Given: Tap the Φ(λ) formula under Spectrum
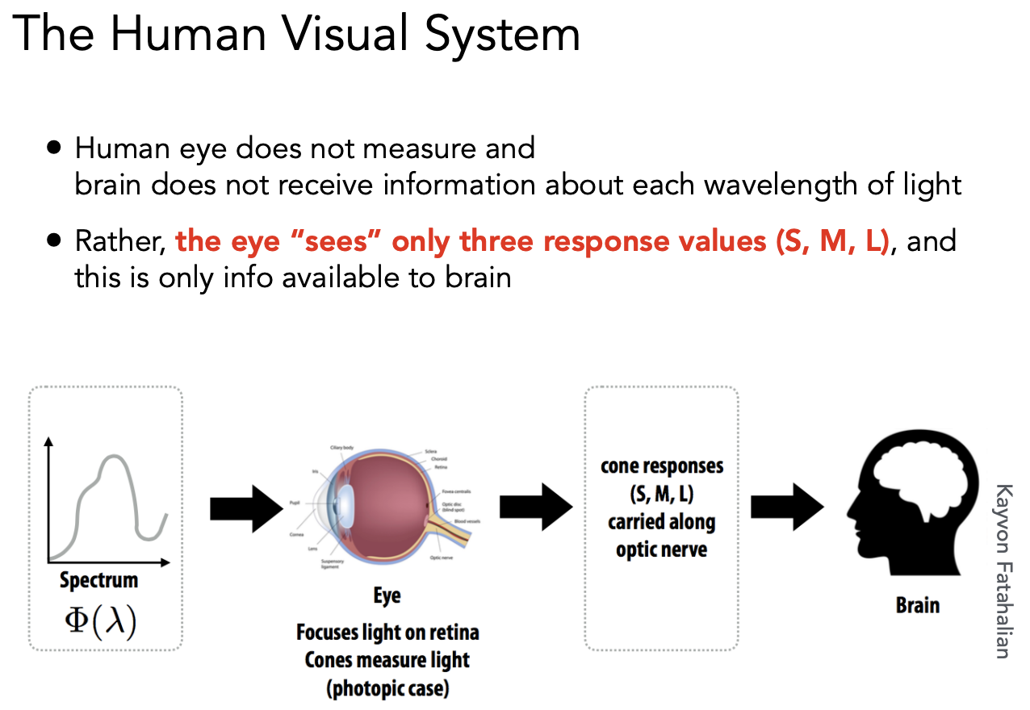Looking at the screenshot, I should coord(100,622).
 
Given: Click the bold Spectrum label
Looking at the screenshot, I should coord(99,580).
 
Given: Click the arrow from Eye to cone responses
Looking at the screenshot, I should coord(536,507).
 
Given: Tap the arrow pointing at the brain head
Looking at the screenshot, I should coord(786,507).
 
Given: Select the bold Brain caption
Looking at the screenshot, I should coord(918,604).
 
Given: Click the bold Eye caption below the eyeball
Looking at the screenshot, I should coord(387,596).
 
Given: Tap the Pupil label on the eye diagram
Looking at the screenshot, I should coord(294,502).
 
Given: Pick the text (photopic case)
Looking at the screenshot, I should coord(387,688).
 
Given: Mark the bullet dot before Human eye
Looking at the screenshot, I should coord(54,148).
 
